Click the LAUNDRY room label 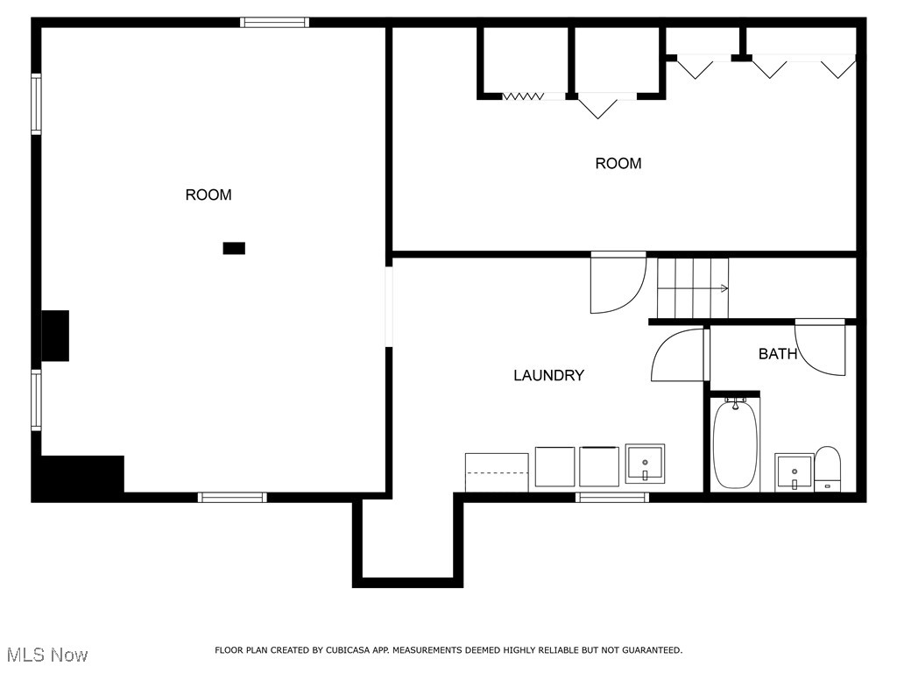click(x=548, y=376)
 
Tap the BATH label click(x=778, y=354)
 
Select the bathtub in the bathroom click(x=735, y=444)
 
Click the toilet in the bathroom click(x=828, y=469)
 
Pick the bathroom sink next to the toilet click(x=794, y=472)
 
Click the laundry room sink click(x=645, y=464)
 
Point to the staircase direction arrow click(x=724, y=288)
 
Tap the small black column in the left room click(x=234, y=249)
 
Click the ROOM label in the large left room click(x=208, y=195)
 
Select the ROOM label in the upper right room click(x=618, y=164)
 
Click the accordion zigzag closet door click(x=524, y=96)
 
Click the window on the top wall click(x=275, y=23)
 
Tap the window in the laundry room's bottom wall click(x=611, y=498)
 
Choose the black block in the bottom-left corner click(x=79, y=478)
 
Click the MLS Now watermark click(x=47, y=655)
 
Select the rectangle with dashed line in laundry click(x=497, y=473)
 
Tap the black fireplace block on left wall click(x=55, y=336)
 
